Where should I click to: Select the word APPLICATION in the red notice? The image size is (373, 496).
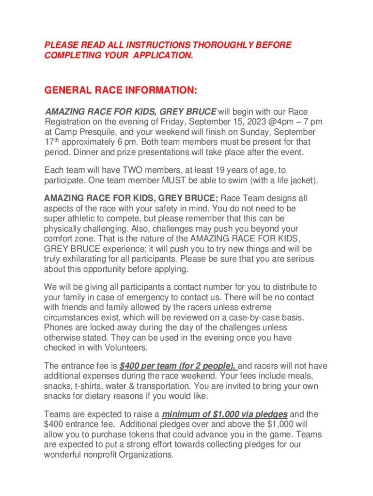(x=160, y=56)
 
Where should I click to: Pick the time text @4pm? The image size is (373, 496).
(x=275, y=122)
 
